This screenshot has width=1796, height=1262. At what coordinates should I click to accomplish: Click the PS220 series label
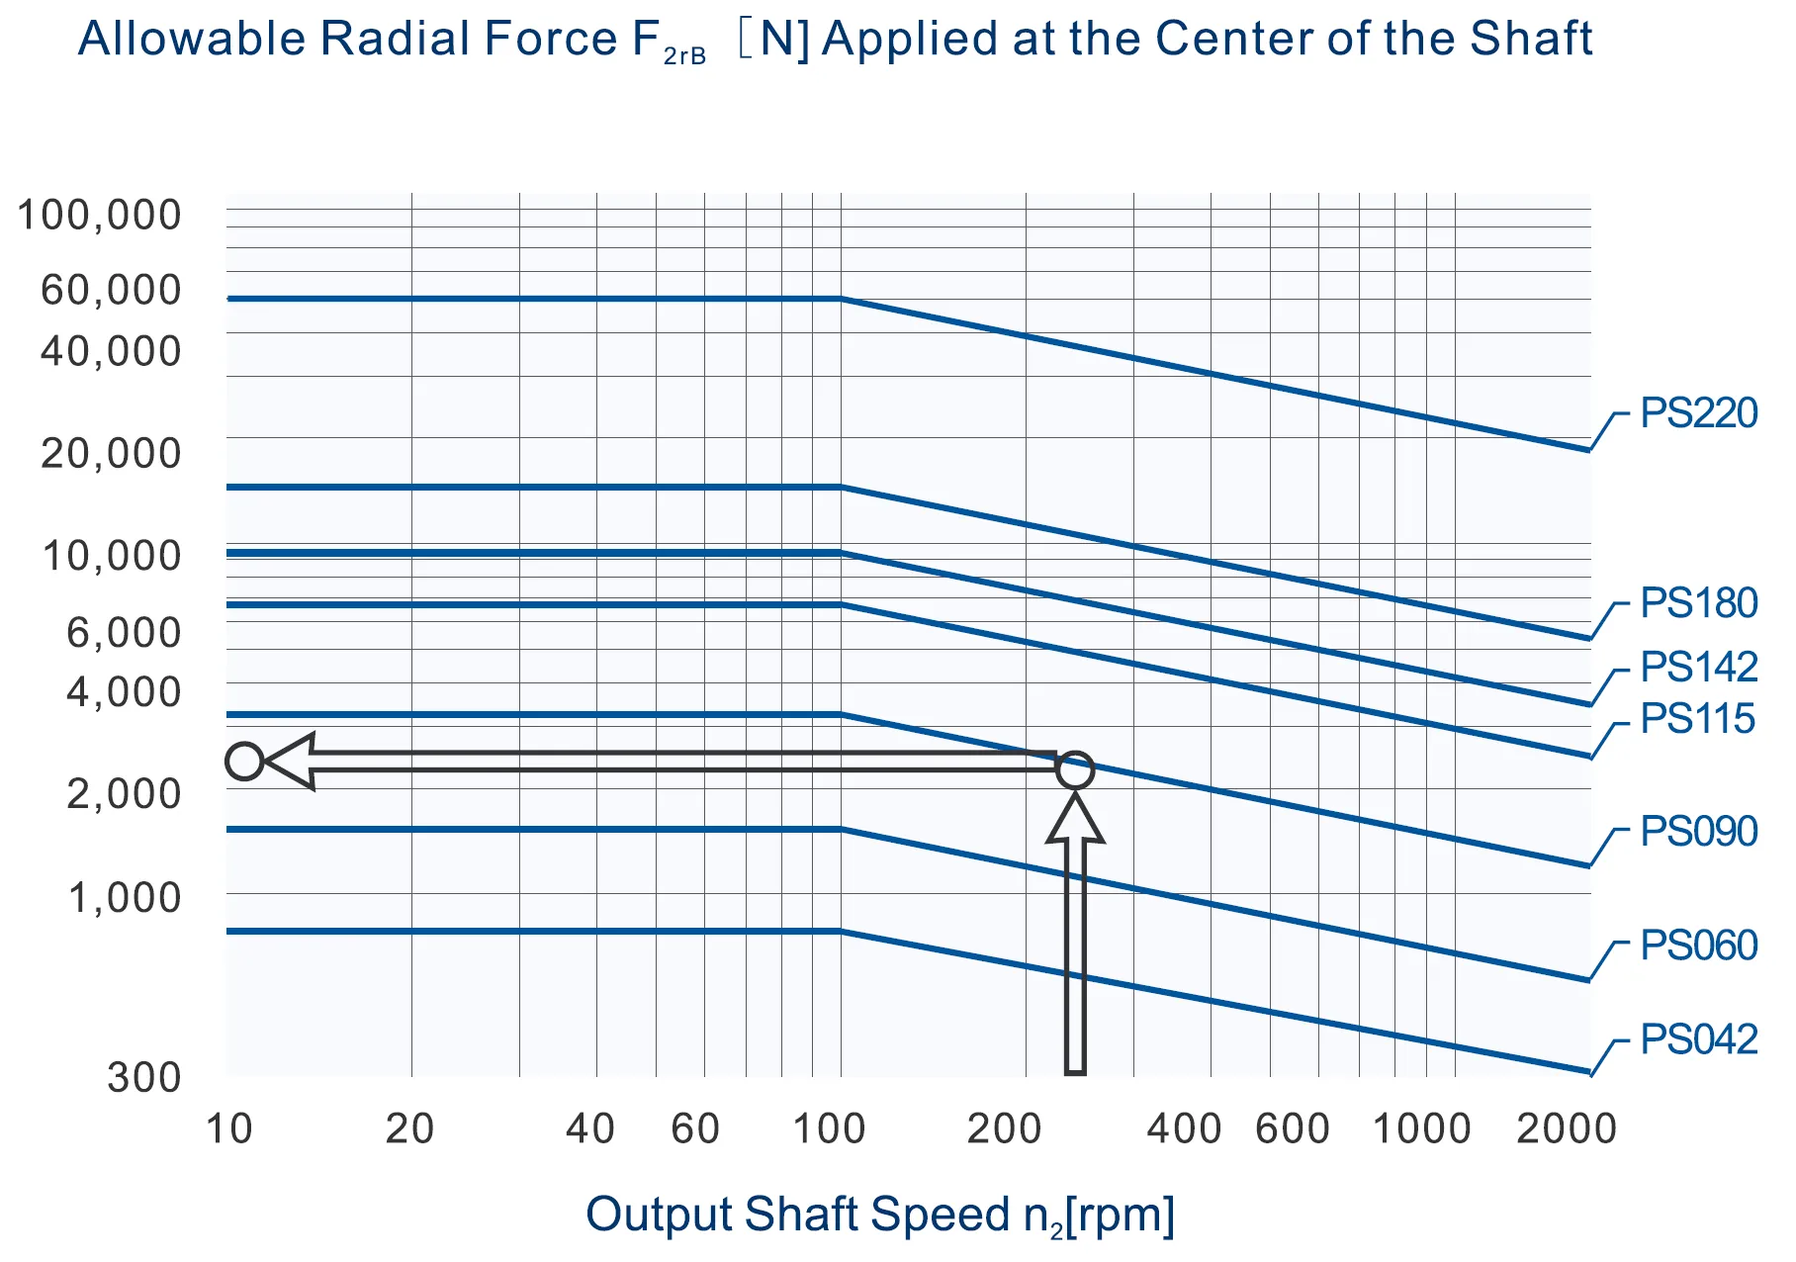click(1698, 413)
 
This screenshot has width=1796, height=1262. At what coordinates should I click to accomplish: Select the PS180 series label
click(1698, 603)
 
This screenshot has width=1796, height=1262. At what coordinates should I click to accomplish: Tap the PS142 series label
click(1698, 668)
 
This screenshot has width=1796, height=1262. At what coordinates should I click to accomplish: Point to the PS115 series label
click(1697, 719)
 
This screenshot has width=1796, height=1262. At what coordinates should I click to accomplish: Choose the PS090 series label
click(1698, 832)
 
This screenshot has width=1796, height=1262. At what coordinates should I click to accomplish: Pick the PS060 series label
click(1698, 946)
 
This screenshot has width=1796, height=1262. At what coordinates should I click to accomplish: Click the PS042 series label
click(1698, 1039)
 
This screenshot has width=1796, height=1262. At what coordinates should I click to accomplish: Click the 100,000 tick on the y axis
click(100, 215)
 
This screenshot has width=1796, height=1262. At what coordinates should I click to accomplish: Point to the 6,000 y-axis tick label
click(124, 632)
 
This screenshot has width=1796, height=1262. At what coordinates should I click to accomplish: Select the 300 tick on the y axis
click(144, 1077)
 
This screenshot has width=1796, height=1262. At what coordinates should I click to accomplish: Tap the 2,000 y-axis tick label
click(124, 793)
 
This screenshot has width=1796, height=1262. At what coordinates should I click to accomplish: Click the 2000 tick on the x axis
click(1567, 1128)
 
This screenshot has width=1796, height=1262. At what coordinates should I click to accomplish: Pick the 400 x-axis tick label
click(1184, 1128)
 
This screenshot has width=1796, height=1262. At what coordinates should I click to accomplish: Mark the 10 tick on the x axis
click(229, 1128)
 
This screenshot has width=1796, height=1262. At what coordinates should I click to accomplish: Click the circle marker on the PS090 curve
click(1075, 769)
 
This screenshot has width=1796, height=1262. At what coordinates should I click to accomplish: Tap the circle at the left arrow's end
click(244, 762)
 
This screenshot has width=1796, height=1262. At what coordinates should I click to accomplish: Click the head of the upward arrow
click(1075, 819)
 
